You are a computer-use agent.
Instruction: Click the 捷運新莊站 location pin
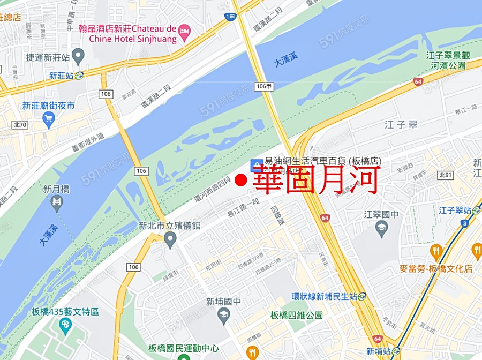(x=79, y=55)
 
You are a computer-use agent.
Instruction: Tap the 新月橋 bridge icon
(x=57, y=202)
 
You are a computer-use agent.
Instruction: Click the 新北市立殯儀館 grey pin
(x=170, y=239)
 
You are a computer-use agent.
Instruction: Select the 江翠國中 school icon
(x=381, y=229)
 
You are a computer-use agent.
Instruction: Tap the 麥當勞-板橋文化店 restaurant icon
(x=436, y=251)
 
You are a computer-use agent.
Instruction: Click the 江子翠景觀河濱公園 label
(x=446, y=61)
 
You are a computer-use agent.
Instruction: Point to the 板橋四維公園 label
(x=297, y=315)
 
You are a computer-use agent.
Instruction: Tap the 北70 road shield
(x=20, y=125)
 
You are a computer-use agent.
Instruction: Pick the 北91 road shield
(x=445, y=175)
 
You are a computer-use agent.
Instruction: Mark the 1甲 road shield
(x=230, y=17)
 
